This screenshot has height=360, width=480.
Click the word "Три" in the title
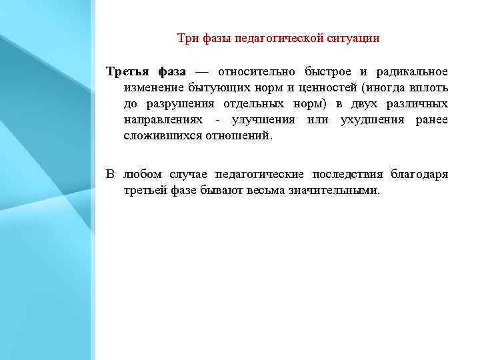coord(187,38)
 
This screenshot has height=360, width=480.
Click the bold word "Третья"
coord(127,71)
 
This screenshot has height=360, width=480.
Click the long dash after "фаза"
coord(202,71)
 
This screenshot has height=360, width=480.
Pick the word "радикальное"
coord(414,71)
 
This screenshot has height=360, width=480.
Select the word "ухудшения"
coord(367,119)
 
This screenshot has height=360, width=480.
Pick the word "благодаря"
coord(420,174)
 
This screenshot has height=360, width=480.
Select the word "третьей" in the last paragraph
coord(143,190)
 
